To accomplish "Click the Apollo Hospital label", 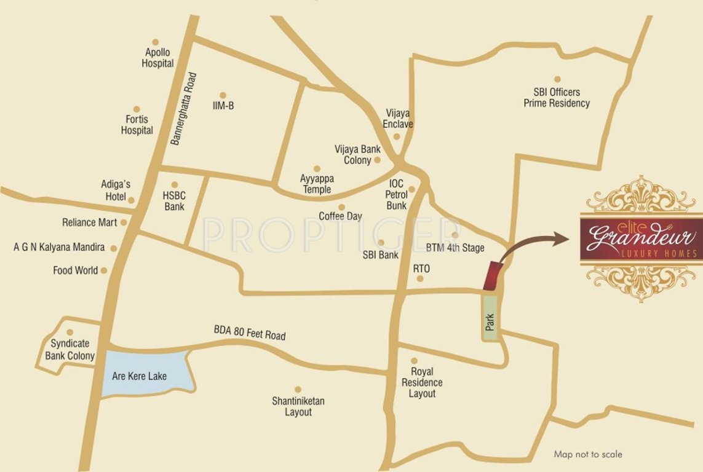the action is (157, 58).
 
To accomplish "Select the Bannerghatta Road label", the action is (184, 109).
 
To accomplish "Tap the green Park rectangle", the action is (490, 318).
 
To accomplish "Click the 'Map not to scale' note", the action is (588, 455).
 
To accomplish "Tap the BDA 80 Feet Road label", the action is (250, 333).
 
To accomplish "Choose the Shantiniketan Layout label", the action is (298, 406).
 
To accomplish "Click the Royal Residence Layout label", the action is (422, 382).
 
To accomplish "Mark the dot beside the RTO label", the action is (420, 278).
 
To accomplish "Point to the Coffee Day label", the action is (340, 216).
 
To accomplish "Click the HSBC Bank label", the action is (174, 201).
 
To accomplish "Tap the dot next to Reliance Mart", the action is (124, 222).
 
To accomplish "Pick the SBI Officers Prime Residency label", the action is (557, 98).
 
